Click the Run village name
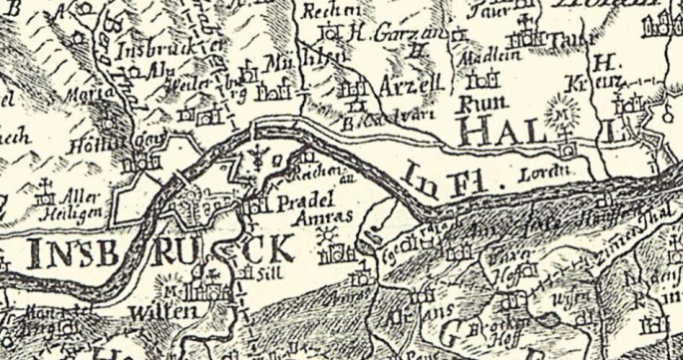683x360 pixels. (477, 104)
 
